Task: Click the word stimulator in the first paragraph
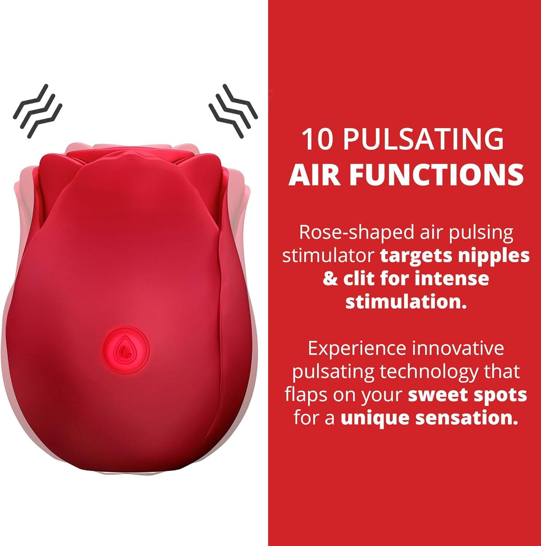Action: click(x=329, y=256)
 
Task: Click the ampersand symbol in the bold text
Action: click(x=330, y=279)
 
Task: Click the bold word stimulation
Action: click(x=406, y=302)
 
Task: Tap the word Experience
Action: click(x=357, y=348)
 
